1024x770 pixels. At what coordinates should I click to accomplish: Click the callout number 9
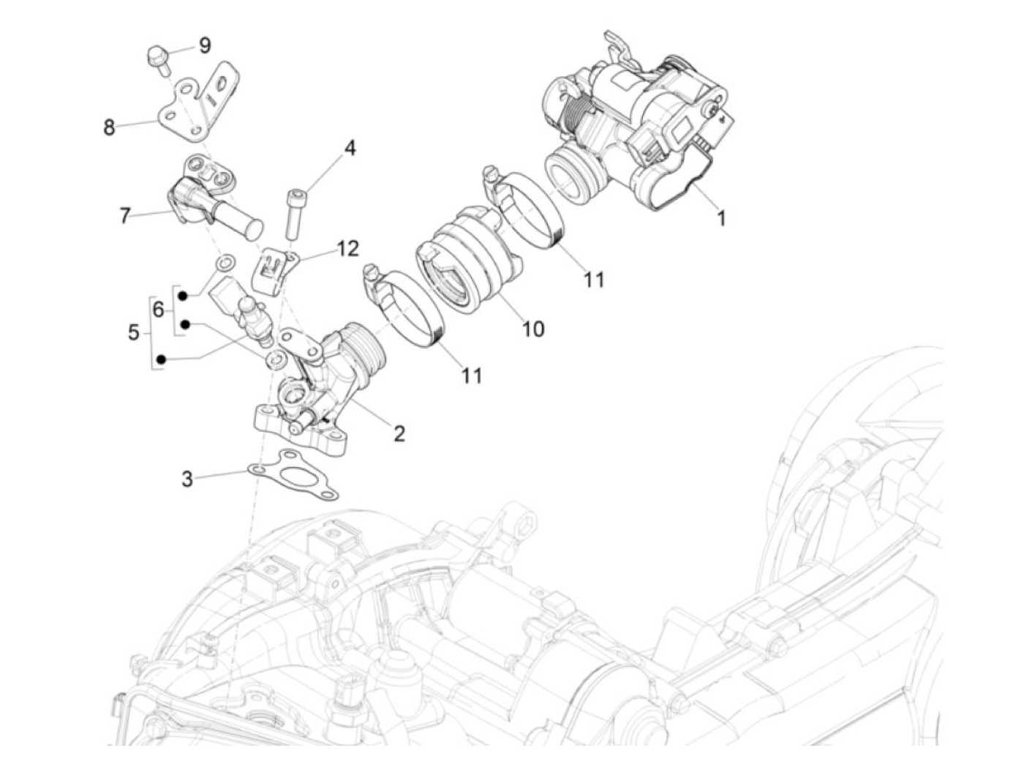coord(204,45)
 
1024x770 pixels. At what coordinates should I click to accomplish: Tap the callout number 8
coord(109,127)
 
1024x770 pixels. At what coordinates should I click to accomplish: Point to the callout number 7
coord(125,216)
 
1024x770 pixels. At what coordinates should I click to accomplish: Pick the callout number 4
coord(350,148)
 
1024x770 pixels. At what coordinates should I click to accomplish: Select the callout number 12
coord(347,249)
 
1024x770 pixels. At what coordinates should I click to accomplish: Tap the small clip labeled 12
coord(271,269)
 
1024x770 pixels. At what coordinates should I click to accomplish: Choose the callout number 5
coord(133,333)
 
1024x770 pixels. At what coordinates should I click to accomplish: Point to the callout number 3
coord(187,479)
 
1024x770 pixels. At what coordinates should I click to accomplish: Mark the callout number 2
coord(399,433)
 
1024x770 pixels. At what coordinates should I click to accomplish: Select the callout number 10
coord(533,329)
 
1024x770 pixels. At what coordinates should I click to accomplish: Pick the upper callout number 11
coord(594,279)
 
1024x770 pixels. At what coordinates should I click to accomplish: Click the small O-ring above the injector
coord(227,261)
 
